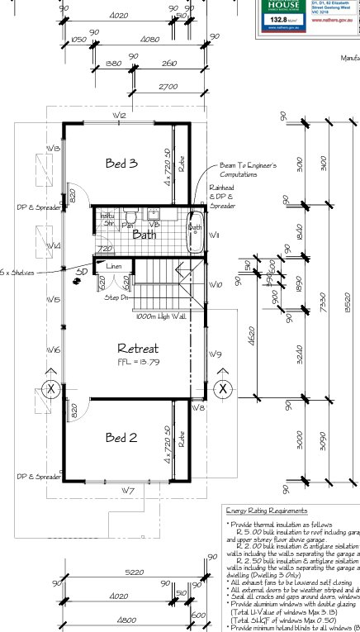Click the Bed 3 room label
tap(121, 164)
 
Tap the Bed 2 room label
tap(121, 437)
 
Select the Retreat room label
tap(137, 348)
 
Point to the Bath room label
tap(144, 235)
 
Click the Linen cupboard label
tap(114, 266)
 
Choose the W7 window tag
tap(128, 492)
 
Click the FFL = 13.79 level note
tap(138, 363)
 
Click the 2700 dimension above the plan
tap(168, 87)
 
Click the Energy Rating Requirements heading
tap(267, 511)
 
